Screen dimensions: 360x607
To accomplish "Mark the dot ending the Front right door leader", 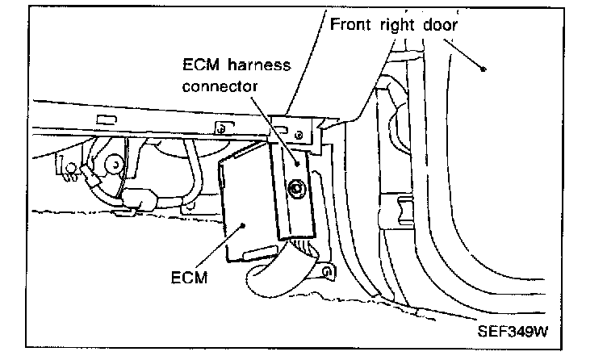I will click(x=484, y=69).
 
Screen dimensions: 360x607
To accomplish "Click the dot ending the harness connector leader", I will click(x=297, y=162).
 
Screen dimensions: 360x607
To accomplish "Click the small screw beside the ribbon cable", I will click(x=326, y=272).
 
